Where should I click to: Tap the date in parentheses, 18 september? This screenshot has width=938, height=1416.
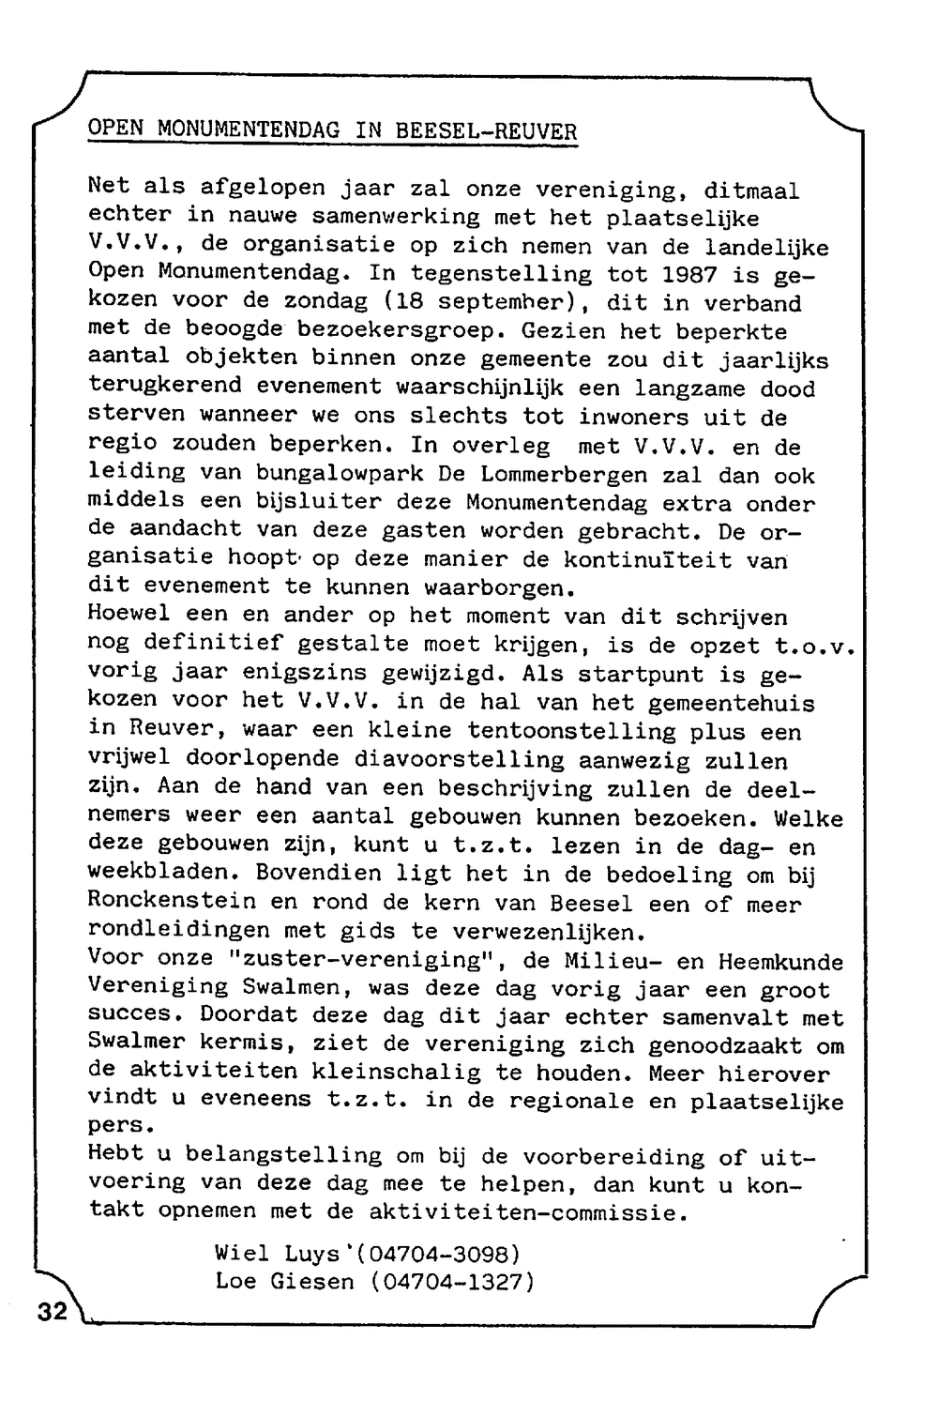[x=488, y=304]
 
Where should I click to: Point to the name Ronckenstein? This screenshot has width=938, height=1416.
[x=171, y=902]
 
